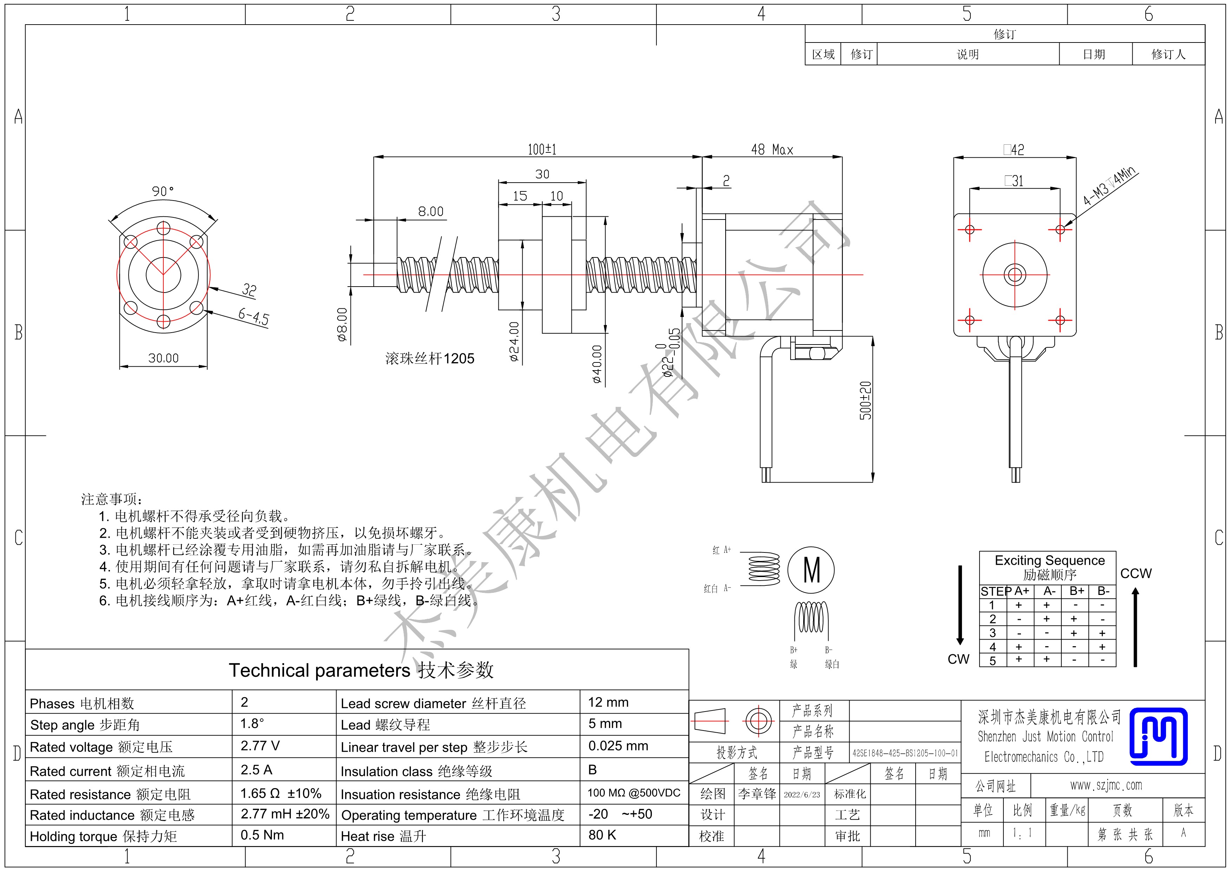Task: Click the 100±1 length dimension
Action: (x=542, y=149)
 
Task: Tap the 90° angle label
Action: (x=163, y=191)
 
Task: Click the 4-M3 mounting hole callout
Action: (x=1109, y=186)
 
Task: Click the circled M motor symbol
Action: (x=811, y=570)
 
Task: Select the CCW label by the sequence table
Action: (x=1136, y=573)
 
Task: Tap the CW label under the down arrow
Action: (x=958, y=659)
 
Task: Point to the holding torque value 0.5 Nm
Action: (x=262, y=835)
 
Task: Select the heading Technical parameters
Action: (x=320, y=670)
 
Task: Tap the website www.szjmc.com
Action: (x=1106, y=785)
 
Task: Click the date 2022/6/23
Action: (x=802, y=794)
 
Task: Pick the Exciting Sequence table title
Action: (x=1050, y=560)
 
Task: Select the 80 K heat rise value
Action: (x=602, y=835)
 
